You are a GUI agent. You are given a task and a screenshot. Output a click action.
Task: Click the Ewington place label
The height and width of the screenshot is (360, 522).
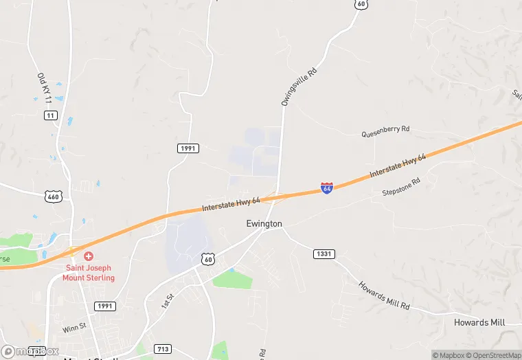click(x=264, y=224)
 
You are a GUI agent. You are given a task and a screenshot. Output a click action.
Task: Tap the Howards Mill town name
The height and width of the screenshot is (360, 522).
click(x=479, y=322)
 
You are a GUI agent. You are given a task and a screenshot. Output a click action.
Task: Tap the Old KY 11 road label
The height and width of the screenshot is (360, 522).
click(x=44, y=88)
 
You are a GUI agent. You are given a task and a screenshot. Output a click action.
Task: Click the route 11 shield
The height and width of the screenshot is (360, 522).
click(x=50, y=115)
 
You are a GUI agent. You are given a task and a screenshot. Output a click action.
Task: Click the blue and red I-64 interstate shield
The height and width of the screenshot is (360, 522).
click(x=327, y=188)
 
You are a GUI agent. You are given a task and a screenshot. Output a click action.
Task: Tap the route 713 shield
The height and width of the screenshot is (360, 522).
click(x=163, y=349)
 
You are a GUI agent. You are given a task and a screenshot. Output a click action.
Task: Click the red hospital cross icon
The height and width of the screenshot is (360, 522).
click(x=89, y=256)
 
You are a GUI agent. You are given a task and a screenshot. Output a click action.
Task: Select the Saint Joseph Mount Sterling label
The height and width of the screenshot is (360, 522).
click(x=89, y=273)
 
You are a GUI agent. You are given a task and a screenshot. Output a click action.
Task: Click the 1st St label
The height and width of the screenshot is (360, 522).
click(x=164, y=300)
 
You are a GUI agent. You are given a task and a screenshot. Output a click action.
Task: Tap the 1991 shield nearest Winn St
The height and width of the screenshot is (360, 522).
click(x=105, y=306)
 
